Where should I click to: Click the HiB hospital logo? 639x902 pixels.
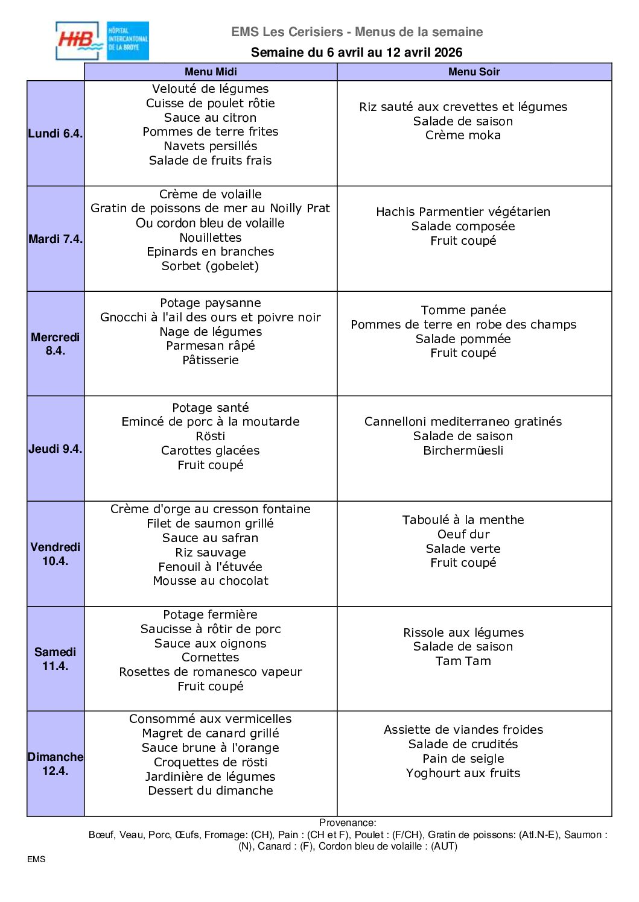102,41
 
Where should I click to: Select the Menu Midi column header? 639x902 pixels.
211,72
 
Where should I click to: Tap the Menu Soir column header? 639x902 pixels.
474,72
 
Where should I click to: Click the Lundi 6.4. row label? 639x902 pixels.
56,133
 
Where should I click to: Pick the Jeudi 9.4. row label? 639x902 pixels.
56,449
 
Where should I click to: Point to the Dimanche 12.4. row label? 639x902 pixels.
56,764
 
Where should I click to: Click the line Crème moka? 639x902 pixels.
463,136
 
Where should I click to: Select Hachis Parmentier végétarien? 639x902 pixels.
463,212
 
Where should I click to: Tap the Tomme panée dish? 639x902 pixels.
463,310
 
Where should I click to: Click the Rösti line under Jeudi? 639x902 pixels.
211,436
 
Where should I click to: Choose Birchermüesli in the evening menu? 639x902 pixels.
463,450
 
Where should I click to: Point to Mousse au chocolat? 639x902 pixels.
211,581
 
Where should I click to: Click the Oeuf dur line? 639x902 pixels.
463,534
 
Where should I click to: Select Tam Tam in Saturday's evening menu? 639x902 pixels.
463,661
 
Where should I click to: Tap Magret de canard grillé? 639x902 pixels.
211,733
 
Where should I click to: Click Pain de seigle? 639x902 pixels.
463,758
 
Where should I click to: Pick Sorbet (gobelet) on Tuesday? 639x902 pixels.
211,266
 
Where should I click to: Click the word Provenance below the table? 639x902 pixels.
347,822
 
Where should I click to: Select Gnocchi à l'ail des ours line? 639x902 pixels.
211,317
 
